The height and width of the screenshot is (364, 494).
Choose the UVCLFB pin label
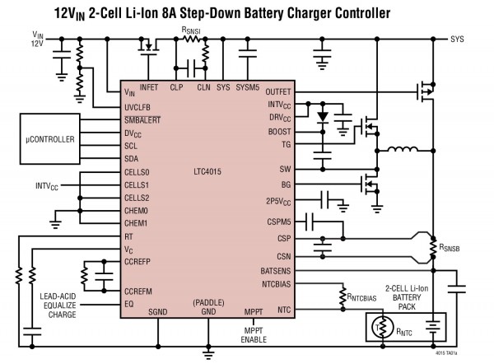click(139, 106)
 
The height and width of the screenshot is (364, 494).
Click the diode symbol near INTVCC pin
click(323, 114)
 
